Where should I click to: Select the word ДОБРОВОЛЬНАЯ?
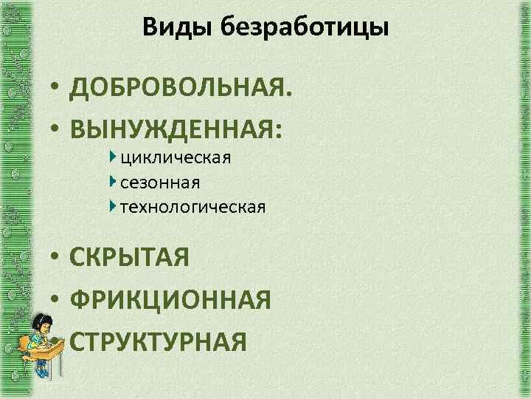pyautogui.click(x=180, y=90)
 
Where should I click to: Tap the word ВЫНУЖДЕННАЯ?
pyautogui.click(x=173, y=129)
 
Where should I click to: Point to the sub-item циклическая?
pyautogui.click(x=176, y=157)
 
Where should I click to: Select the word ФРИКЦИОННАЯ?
pyautogui.click(x=170, y=300)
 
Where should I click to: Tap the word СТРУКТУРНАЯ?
pyautogui.click(x=158, y=341)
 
